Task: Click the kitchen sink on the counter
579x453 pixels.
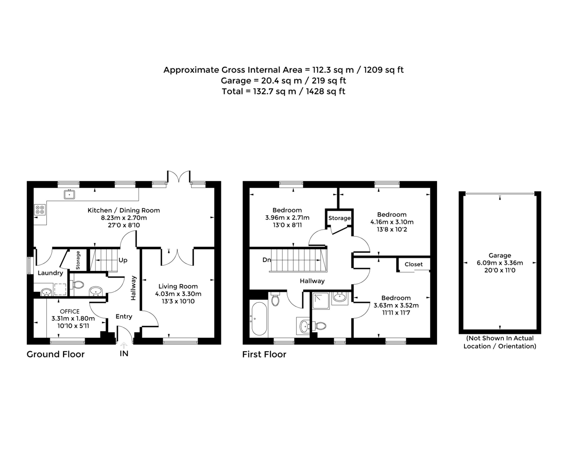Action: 69,195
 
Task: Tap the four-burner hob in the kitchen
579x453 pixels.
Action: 40,210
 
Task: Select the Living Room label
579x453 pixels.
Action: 178,286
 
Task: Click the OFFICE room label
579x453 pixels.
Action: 69,311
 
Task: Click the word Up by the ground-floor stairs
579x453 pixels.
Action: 123,260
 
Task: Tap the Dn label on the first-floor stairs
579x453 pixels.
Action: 266,260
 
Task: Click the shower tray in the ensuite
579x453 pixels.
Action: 320,301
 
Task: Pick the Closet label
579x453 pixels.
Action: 413,264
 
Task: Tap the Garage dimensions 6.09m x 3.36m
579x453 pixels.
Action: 500,263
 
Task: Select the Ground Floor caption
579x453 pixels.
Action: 55,354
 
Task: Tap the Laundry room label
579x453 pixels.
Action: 50,273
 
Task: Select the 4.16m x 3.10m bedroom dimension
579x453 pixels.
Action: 392,222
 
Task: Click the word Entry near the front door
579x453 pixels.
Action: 124,316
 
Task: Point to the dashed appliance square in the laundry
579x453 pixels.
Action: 60,289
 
